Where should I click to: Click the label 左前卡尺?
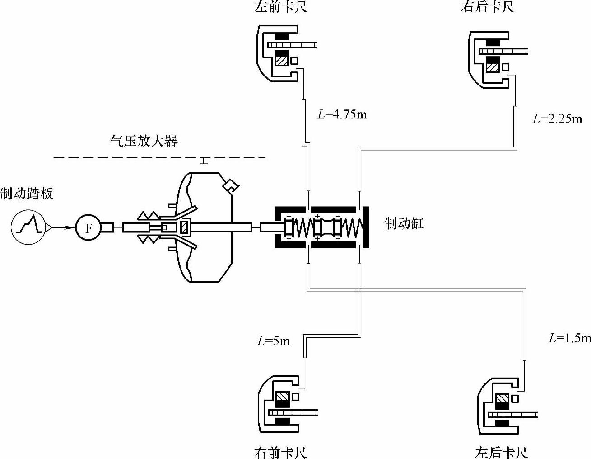[x=280, y=7]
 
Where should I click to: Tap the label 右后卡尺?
[x=488, y=7]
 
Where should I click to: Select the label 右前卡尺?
[x=280, y=452]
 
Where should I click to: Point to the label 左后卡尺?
[x=501, y=452]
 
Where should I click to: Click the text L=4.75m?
[x=342, y=114]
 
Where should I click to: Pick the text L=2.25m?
[x=558, y=119]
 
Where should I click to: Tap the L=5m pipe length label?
[x=274, y=341]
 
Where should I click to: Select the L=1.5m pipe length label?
[x=569, y=338]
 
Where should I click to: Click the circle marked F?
[x=88, y=227]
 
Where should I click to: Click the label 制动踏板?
[x=27, y=194]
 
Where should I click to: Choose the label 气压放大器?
[x=144, y=141]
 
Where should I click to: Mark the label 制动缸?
[x=404, y=223]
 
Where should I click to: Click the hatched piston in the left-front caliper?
[x=282, y=60]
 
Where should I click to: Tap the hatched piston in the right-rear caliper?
[x=492, y=67]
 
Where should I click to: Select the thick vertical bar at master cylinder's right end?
[x=366, y=227]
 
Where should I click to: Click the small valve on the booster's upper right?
[x=231, y=185]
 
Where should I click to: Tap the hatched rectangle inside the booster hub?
[x=184, y=227]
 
